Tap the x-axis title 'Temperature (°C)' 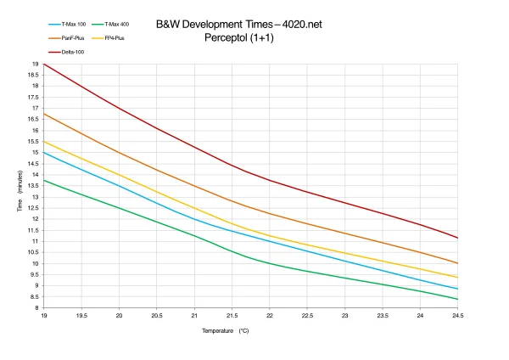[226, 330]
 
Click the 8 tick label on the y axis [36, 307]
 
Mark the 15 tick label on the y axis [36, 153]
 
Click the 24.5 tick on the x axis [458, 314]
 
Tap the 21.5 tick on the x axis [232, 314]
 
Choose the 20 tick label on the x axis [119, 314]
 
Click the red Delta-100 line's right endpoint [458, 238]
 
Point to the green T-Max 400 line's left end [43, 180]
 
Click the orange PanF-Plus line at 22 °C [270, 213]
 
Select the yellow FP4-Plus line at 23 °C [345, 253]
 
